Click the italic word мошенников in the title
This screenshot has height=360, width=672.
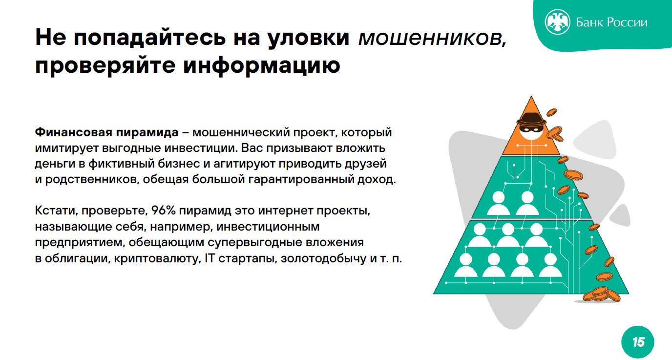(433, 39)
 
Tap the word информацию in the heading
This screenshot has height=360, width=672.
(262, 65)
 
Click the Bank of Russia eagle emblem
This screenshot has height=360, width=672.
(557, 22)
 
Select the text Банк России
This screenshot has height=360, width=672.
(611, 22)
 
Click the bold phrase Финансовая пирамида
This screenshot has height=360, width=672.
(106, 132)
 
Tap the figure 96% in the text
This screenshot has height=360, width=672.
(163, 211)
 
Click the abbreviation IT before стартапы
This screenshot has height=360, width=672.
(210, 258)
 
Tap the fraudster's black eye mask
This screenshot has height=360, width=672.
(531, 129)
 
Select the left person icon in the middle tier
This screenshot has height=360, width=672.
(499, 203)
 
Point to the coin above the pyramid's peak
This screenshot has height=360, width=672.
(551, 112)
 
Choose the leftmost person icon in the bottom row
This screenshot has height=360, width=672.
(465, 265)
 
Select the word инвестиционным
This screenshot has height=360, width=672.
(268, 227)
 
